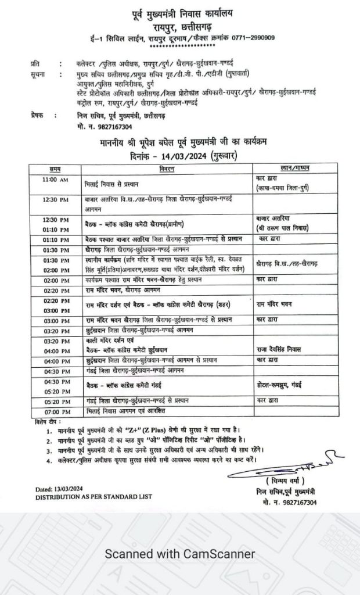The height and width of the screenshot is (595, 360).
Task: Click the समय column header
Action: (x=55, y=169)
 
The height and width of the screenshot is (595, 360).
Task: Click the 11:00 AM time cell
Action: (x=55, y=180)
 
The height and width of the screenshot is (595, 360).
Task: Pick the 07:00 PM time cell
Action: (x=55, y=411)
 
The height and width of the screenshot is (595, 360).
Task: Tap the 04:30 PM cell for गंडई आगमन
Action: (x=55, y=371)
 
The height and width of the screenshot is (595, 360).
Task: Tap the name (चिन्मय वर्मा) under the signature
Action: (x=285, y=482)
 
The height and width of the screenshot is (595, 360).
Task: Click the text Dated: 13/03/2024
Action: (x=60, y=489)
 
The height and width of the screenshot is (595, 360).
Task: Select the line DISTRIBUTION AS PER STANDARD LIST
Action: (x=93, y=497)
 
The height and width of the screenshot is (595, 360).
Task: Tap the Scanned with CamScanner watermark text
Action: (x=179, y=554)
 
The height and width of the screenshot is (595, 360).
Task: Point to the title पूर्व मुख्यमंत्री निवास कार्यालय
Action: (x=180, y=13)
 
